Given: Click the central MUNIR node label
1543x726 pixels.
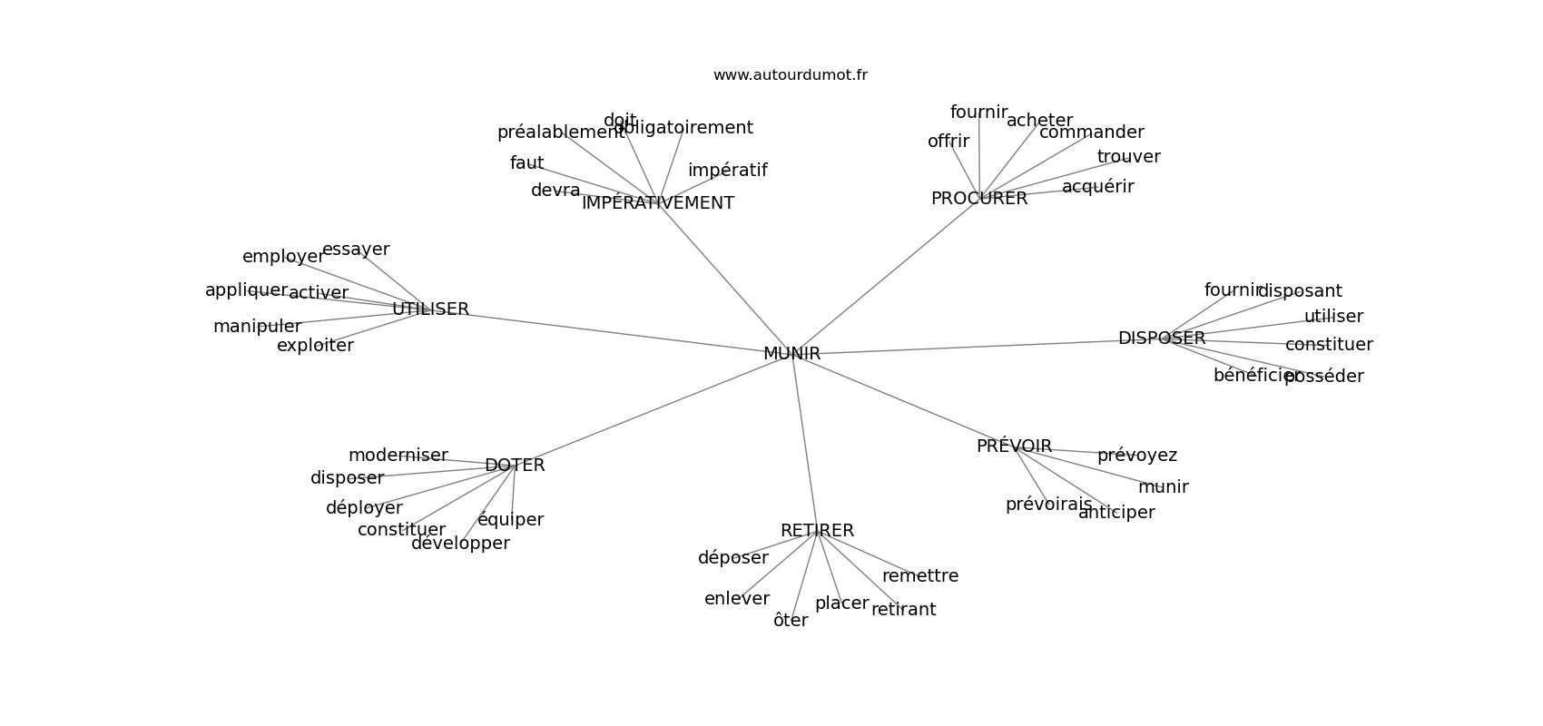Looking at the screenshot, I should coord(791,354).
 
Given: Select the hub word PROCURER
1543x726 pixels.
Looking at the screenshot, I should coord(978,199).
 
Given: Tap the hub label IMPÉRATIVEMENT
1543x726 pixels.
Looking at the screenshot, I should coord(657,203).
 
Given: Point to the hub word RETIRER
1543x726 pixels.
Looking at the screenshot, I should coord(817,531).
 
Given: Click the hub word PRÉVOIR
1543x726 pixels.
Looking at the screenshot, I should coord(1014,446).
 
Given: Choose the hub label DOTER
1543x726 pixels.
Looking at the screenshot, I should coord(515,466).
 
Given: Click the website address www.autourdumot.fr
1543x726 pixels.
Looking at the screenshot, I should coord(790,75).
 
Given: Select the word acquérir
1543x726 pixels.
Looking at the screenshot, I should coord(1097,187).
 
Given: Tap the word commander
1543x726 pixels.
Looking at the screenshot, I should coord(1091,132).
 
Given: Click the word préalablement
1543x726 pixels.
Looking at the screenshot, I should coord(560,132).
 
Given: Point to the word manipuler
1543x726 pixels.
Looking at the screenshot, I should coord(257,327).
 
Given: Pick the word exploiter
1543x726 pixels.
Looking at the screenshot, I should coord(315,346).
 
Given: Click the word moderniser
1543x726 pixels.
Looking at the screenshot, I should coord(398,456).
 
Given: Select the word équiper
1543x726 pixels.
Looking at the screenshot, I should coord(510,520).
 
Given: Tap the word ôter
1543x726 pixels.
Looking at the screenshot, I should coord(790,621).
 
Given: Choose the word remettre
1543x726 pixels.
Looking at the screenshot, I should coord(919,576).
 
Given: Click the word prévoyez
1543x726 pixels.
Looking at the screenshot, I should coord(1136,456).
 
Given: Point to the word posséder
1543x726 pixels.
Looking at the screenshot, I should coord(1323,377).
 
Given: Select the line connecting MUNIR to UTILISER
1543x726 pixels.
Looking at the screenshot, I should coord(617,332).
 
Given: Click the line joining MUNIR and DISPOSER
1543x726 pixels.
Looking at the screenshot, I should coord(962,348).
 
